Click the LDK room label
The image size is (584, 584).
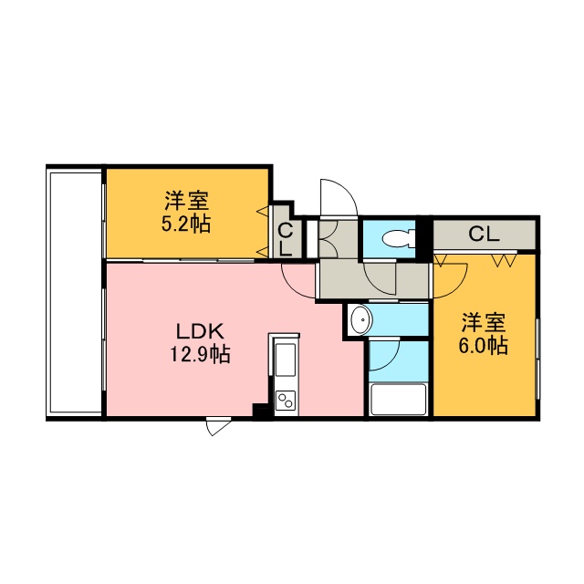point(200,331)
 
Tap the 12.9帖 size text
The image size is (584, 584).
point(200,354)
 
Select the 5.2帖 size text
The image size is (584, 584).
point(186,224)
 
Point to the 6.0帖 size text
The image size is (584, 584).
point(483,346)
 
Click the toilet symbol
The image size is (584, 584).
point(399,238)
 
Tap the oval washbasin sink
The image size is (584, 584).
point(361,320)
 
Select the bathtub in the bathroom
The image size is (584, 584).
point(399,400)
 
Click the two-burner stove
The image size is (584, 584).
point(286,401)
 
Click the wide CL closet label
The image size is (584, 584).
point(484,235)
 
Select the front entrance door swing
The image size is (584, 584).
point(339,198)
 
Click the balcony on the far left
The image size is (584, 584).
point(75,292)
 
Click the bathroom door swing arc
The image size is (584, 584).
point(384,355)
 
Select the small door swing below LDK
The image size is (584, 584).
point(218,427)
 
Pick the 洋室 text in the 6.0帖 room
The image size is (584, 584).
point(484,322)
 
